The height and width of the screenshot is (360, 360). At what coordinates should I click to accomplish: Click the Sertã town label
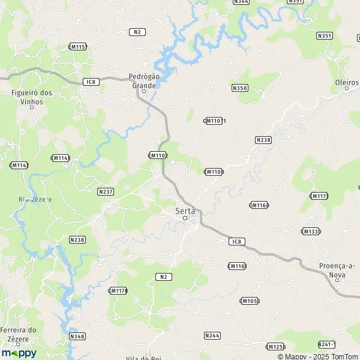click(184, 211)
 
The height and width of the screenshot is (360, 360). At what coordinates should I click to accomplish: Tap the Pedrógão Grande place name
click(143, 80)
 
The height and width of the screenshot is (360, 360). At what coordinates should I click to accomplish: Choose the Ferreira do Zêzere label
click(19, 334)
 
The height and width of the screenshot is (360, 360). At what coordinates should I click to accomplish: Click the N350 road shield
click(239, 88)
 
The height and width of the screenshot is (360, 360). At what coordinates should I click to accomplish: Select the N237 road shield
click(106, 191)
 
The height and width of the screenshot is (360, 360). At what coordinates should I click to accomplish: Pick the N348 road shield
click(77, 337)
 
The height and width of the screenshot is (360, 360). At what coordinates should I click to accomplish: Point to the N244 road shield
click(212, 335)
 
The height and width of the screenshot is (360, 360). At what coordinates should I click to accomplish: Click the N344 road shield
click(242, 2)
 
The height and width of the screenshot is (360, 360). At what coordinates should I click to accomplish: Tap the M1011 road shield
click(215, 121)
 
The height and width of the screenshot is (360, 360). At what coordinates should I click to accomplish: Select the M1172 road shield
click(319, 196)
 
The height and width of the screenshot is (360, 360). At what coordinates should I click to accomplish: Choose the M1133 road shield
click(310, 231)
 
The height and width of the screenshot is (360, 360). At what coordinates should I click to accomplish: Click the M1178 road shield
click(118, 290)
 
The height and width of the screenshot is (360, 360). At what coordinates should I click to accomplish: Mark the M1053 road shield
click(250, 301)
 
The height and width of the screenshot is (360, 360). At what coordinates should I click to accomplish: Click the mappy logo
click(19, 353)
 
